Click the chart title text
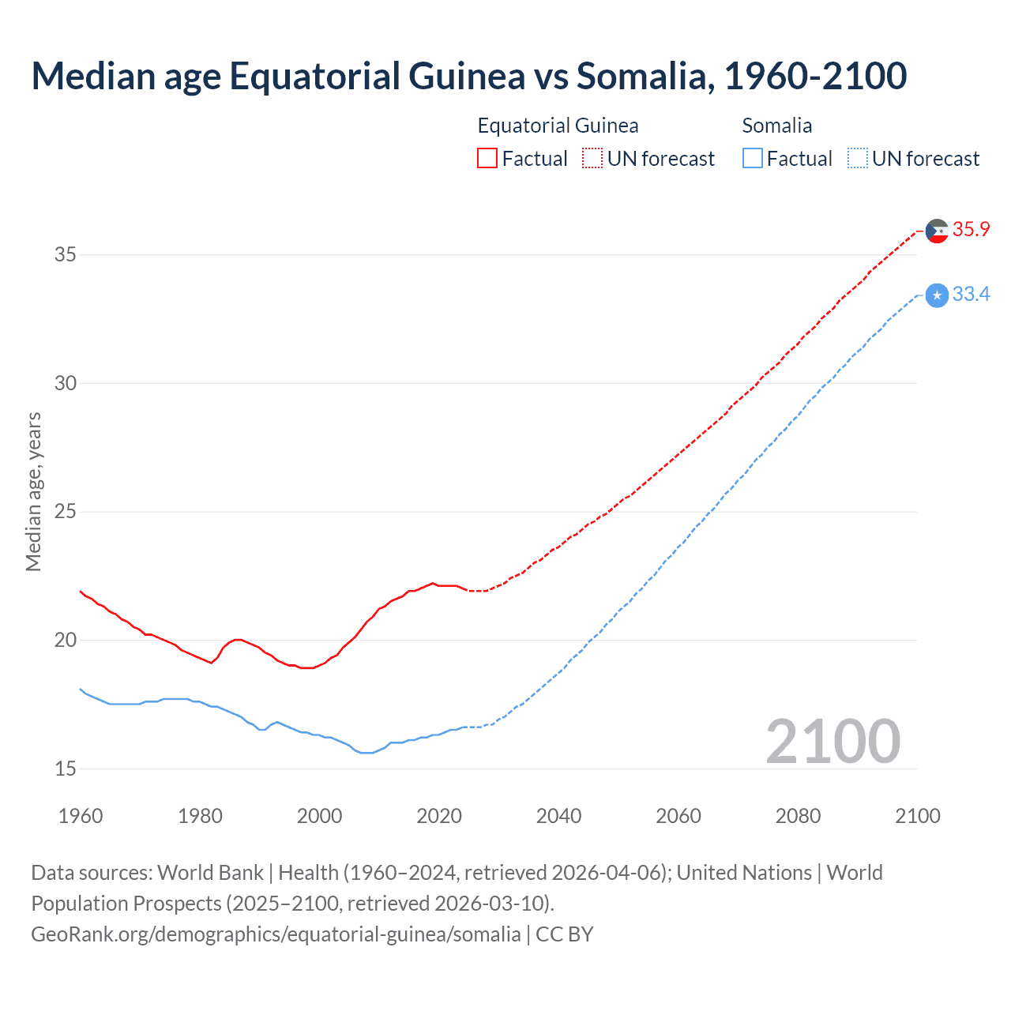(468, 76)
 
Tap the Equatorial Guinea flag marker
(936, 231)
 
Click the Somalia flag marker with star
(936, 295)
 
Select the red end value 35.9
(971, 230)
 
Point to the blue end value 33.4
(971, 295)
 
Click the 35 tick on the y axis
(66, 254)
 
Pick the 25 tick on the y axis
(66, 511)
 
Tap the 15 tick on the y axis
(66, 769)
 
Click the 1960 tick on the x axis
(81, 816)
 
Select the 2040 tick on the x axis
(558, 816)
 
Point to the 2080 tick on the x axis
(798, 816)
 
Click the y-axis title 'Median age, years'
(33, 491)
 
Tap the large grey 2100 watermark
(832, 741)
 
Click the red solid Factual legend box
(487, 159)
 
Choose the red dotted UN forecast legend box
(592, 159)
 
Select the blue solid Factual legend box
(753, 159)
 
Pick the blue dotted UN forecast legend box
(857, 159)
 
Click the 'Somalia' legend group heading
(777, 126)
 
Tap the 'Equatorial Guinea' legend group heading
(558, 126)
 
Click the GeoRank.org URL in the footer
(276, 934)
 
